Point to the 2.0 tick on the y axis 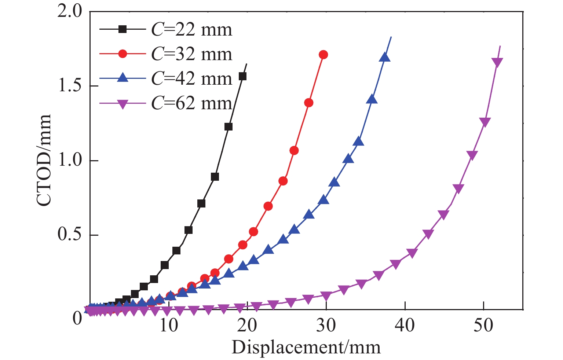click(70, 12)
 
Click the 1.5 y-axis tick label click(70, 86)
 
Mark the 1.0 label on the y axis click(70, 161)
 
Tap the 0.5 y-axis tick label click(70, 235)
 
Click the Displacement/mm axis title click(306, 347)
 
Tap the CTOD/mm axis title click(44, 160)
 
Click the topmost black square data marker click(242, 76)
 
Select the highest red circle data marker click(323, 55)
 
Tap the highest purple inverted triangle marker click(497, 63)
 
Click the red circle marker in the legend click(123, 54)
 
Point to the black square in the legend click(123, 30)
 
